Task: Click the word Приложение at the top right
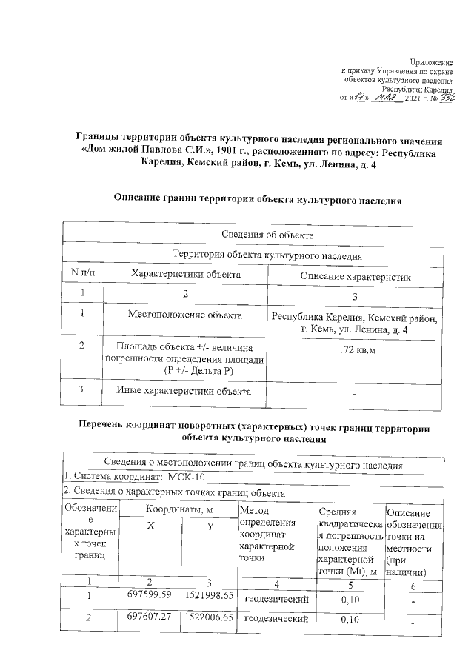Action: coord(431,61)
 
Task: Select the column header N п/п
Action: coord(82,274)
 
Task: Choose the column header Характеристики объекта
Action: coord(186,274)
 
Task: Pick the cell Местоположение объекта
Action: coord(186,316)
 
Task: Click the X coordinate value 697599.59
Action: coord(150,594)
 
